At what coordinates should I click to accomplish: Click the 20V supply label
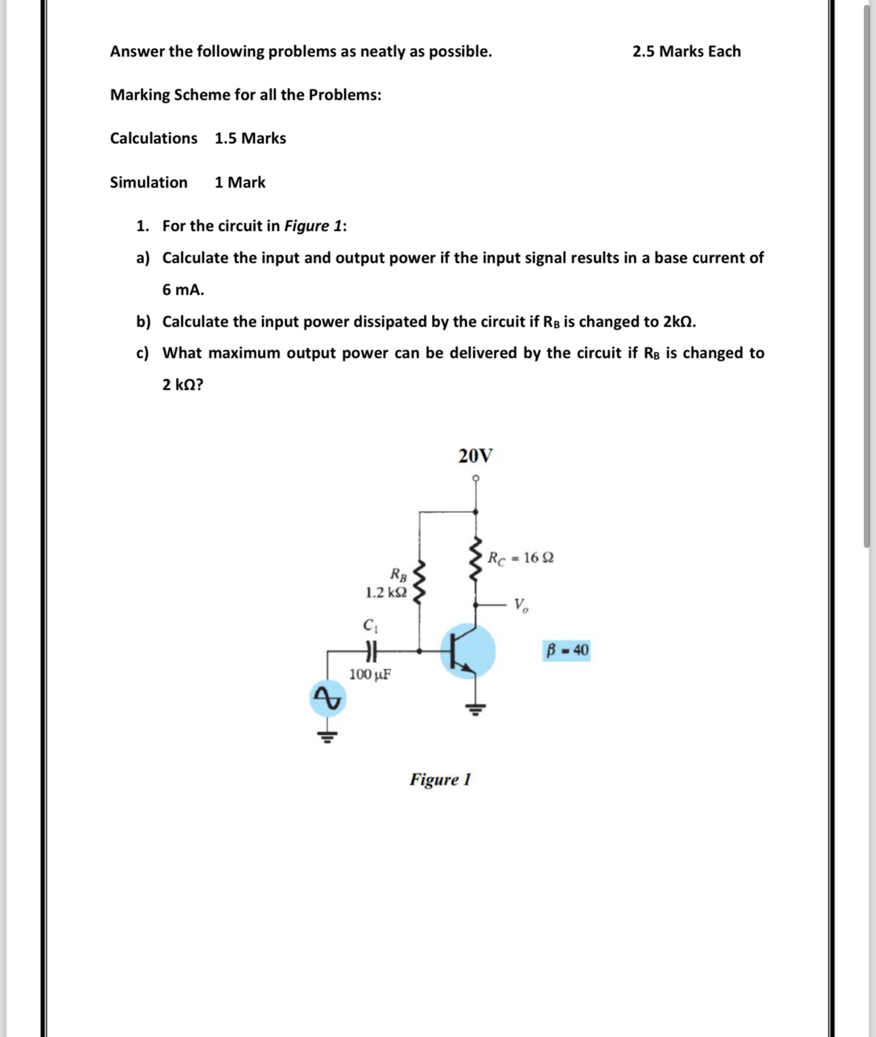[x=475, y=456]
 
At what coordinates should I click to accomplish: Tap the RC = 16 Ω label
[x=521, y=558]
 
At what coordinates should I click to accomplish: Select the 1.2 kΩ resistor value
[x=386, y=592]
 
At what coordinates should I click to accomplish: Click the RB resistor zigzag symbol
[x=420, y=581]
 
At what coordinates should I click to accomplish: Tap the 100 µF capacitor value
[x=369, y=674]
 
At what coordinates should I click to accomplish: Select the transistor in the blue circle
[x=467, y=651]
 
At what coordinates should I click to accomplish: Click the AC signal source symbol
[x=327, y=698]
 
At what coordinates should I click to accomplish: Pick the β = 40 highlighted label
[x=567, y=651]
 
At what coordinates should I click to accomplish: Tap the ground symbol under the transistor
[x=475, y=710]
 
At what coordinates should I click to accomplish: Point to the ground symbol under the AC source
[x=327, y=736]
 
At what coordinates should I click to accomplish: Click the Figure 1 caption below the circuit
[x=440, y=780]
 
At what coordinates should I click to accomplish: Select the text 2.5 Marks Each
[x=686, y=52]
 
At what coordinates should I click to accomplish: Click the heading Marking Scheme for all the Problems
[x=246, y=95]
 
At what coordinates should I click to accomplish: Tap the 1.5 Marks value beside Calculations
[x=250, y=139]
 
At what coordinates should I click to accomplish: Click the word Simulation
[x=149, y=183]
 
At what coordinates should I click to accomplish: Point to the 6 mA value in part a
[x=183, y=290]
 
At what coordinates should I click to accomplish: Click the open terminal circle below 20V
[x=475, y=478]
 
